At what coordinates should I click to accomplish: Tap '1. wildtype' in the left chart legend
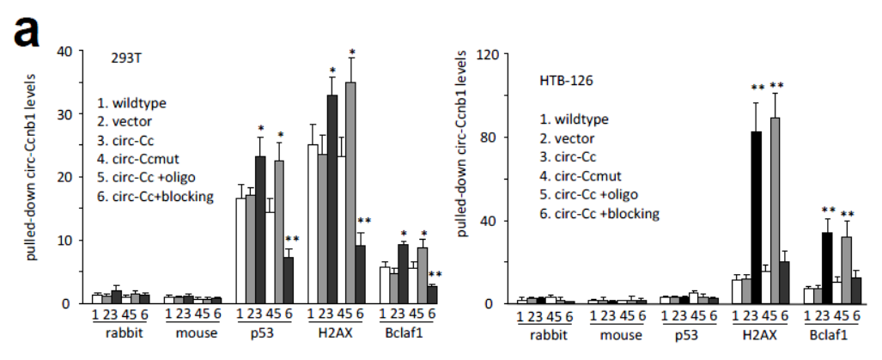pos(131,103)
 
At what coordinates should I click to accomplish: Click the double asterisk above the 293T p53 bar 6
pos(292,239)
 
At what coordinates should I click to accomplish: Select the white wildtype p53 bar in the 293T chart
pos(241,250)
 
